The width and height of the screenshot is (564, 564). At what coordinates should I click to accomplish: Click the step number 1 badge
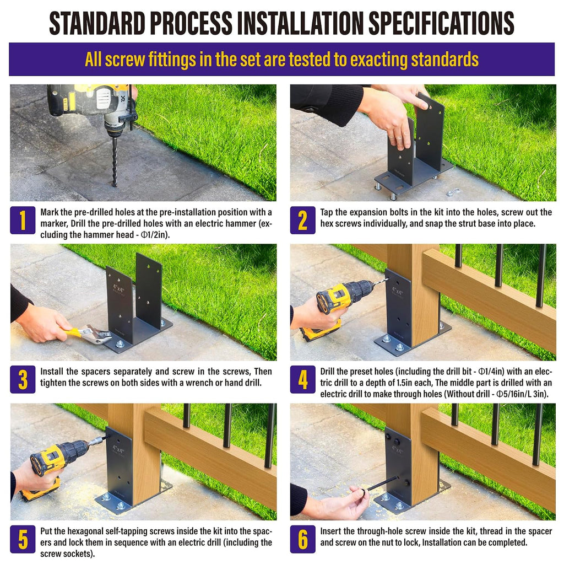point(23,220)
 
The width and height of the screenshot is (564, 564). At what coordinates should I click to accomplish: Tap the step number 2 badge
point(303,220)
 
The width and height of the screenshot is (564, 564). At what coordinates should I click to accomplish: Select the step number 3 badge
point(23,379)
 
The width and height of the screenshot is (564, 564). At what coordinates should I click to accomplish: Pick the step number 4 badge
point(303,379)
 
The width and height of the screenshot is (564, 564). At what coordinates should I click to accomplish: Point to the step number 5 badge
point(23,539)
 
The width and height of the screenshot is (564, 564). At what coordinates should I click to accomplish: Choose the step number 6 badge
point(303,539)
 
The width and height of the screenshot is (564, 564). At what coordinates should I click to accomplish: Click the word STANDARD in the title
point(97,23)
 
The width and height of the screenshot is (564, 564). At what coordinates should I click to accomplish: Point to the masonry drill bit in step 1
point(115,160)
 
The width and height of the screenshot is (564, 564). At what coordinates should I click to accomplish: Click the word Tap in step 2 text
point(327,212)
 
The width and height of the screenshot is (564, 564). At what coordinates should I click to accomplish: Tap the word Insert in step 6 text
point(331,531)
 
